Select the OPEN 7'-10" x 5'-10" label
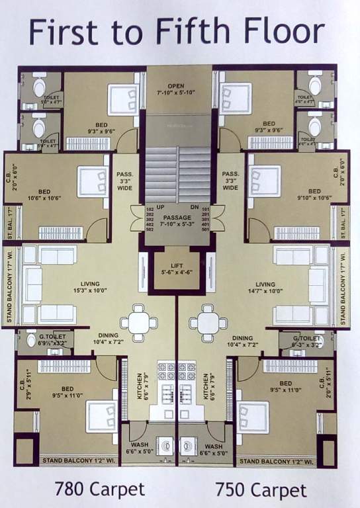tap(175, 90)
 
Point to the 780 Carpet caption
tap(99, 489)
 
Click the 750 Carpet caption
tap(261, 489)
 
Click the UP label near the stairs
tap(159, 207)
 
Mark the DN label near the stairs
tap(193, 207)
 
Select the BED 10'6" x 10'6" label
tap(45, 194)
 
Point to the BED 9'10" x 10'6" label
tap(312, 194)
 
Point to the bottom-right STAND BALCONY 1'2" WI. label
tap(285, 460)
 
